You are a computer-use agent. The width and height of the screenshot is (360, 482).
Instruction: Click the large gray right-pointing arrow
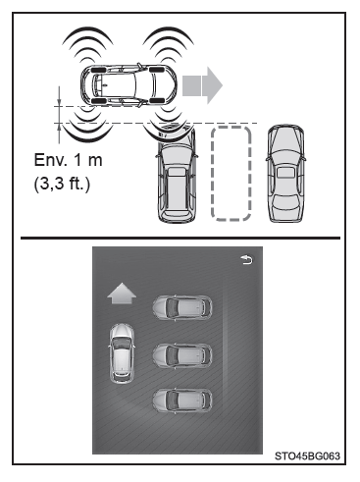[202, 85]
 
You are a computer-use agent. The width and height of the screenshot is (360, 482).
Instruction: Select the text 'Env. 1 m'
[68, 160]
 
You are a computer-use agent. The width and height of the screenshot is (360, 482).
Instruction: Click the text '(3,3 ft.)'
[62, 184]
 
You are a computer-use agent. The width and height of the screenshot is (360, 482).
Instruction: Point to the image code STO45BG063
[307, 456]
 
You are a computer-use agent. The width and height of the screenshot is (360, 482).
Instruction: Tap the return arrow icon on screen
[247, 260]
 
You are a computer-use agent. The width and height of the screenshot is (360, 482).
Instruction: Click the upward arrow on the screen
[122, 294]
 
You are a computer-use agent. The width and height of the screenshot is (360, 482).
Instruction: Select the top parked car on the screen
[182, 307]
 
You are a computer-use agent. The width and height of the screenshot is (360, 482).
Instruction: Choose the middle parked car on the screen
[182, 355]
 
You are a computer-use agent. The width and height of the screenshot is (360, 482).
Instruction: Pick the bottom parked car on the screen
[182, 402]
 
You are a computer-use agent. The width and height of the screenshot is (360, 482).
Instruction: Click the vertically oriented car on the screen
[122, 353]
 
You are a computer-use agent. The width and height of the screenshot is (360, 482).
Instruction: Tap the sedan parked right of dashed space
[285, 174]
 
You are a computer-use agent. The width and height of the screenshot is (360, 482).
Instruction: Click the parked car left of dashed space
[177, 175]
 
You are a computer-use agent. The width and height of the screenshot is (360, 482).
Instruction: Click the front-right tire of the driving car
[156, 100]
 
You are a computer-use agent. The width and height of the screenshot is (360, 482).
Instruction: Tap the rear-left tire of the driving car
[98, 70]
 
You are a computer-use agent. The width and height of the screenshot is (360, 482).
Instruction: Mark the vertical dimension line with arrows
[59, 115]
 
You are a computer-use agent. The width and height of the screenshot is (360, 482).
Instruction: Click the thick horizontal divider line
[180, 238]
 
